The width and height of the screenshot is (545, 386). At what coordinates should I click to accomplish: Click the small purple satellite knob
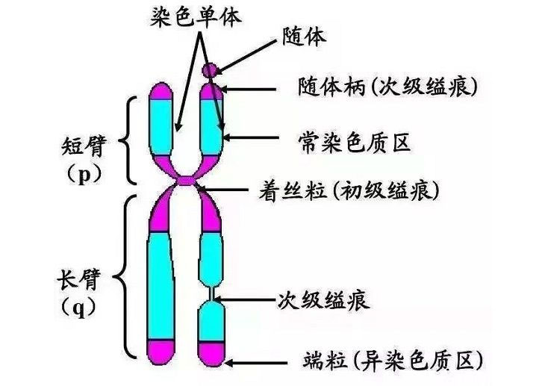pyautogui.click(x=211, y=70)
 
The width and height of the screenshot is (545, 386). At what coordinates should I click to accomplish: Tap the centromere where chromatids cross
pyautogui.click(x=187, y=182)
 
